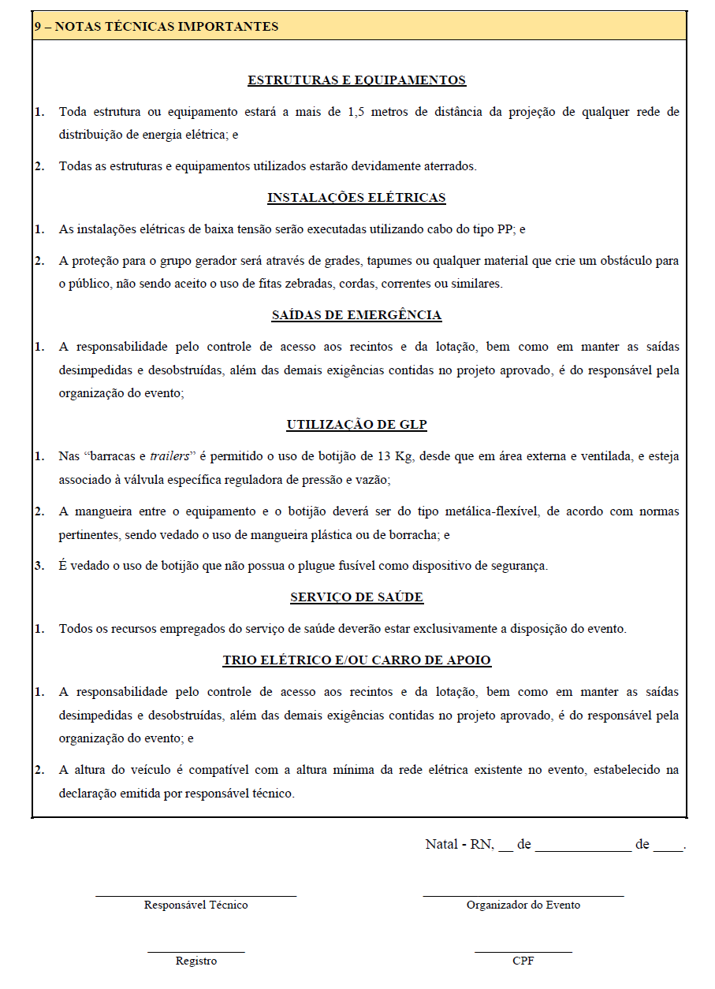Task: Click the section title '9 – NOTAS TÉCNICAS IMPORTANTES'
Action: point(156,27)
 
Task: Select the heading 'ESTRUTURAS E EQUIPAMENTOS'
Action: point(356,80)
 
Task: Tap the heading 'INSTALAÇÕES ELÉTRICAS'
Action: point(356,198)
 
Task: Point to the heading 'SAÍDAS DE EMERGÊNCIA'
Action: point(356,315)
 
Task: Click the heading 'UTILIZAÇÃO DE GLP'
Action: point(356,425)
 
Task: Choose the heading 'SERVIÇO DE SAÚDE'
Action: point(356,597)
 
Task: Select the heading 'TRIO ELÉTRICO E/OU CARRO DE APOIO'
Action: point(356,660)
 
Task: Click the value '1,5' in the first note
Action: point(356,112)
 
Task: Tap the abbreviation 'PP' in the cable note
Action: point(505,229)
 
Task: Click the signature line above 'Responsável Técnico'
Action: point(196,895)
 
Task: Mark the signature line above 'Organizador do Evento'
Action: point(523,895)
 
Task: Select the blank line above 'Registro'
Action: point(196,952)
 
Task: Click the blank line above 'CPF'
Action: point(523,952)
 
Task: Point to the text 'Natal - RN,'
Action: point(460,844)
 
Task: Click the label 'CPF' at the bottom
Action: point(523,961)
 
